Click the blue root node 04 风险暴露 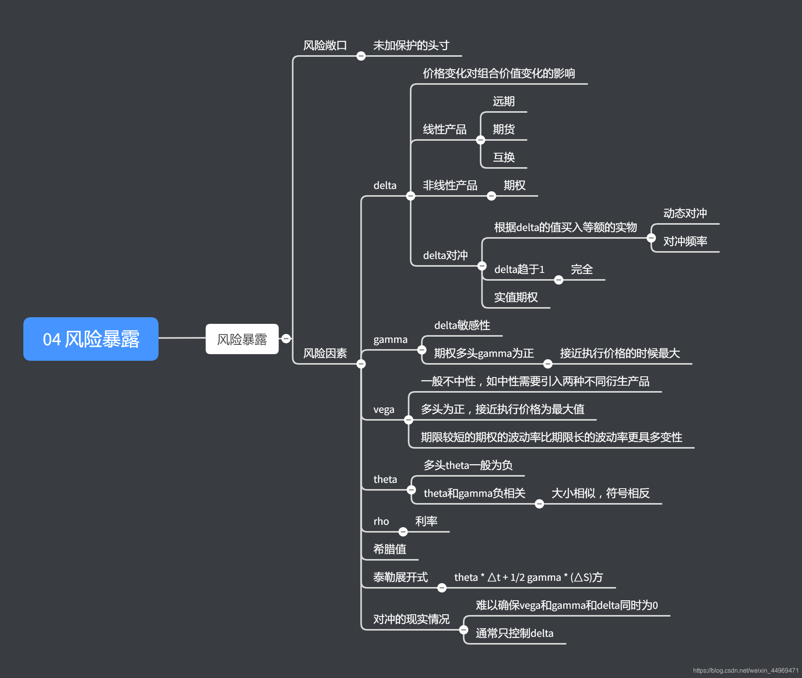pos(91,339)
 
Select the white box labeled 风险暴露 pos(242,339)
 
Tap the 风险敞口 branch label pos(325,45)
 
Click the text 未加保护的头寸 pos(411,45)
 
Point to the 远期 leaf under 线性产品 pos(504,101)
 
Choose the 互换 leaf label pos(504,157)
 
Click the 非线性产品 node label pos(450,185)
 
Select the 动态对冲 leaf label pos(685,213)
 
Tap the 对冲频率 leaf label pos(685,241)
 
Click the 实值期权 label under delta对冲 pos(516,297)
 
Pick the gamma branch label pos(390,339)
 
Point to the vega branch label pos(384,409)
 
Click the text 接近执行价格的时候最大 pos(620,353)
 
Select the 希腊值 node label pos(389,549)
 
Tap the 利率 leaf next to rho pos(426,521)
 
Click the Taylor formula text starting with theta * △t pos(528,577)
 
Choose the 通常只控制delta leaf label pos(514,633)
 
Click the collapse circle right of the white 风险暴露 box pos(286,339)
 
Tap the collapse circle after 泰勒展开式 pos(442,588)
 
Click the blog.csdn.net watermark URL pos(745,671)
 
